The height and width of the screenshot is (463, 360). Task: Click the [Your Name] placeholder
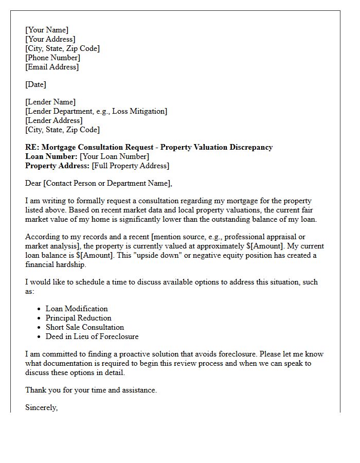point(47,30)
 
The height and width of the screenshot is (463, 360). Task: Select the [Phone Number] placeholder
point(52,58)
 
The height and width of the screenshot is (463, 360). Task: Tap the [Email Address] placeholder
point(52,67)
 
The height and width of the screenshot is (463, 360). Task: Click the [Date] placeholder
point(35,84)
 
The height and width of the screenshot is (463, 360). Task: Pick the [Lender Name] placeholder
point(50,102)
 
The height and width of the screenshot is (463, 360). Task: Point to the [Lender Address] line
point(53,120)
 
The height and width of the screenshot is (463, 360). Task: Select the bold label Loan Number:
point(51,156)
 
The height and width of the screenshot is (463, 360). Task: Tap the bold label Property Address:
point(57,166)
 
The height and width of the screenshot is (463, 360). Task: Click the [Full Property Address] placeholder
point(130,166)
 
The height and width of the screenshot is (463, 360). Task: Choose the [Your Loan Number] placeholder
point(115,156)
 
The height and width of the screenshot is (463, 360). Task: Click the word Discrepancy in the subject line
point(249,147)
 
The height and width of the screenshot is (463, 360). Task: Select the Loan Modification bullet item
point(77,309)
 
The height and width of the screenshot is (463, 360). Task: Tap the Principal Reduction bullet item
point(78,318)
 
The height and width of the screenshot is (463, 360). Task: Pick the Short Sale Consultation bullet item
point(85,327)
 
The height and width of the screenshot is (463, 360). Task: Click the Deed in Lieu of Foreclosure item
point(92,336)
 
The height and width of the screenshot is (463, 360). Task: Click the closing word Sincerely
point(42,407)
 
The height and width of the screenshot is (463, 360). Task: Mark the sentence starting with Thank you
point(91,390)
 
